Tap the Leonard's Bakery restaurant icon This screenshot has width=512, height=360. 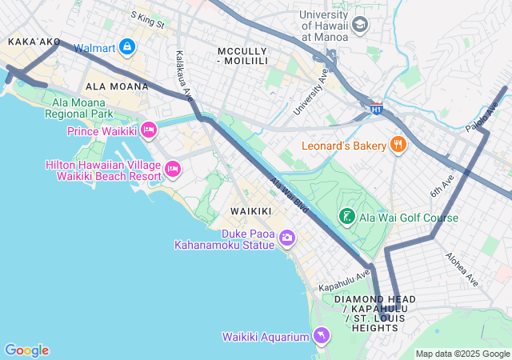(398, 145)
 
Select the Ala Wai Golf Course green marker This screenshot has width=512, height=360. (347, 217)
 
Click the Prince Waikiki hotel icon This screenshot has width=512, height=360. (148, 130)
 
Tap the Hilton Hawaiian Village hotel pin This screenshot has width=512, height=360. (173, 169)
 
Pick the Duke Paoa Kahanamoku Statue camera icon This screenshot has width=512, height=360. (287, 238)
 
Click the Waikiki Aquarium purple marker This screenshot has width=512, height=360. (321, 336)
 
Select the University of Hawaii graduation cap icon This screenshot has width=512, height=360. (359, 26)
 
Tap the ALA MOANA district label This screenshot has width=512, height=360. (114, 86)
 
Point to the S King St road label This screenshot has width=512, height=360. (146, 20)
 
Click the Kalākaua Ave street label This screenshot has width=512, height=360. (185, 77)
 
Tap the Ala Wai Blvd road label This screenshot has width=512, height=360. (289, 194)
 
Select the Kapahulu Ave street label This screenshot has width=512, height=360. (344, 280)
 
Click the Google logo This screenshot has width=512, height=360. (26, 350)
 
